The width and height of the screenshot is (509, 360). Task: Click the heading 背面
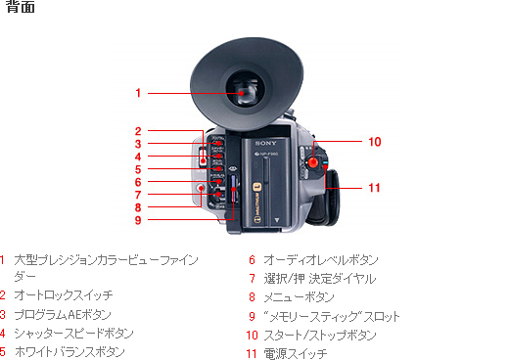(x=21, y=9)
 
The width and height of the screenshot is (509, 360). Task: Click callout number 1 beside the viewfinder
(x=139, y=93)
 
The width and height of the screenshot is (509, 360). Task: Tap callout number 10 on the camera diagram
(x=374, y=142)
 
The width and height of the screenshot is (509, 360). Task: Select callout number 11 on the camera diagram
(x=374, y=188)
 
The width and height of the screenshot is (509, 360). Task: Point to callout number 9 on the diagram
(x=139, y=220)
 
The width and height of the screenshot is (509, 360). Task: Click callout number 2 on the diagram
(x=139, y=131)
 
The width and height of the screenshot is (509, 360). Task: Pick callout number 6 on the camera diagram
(x=139, y=182)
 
